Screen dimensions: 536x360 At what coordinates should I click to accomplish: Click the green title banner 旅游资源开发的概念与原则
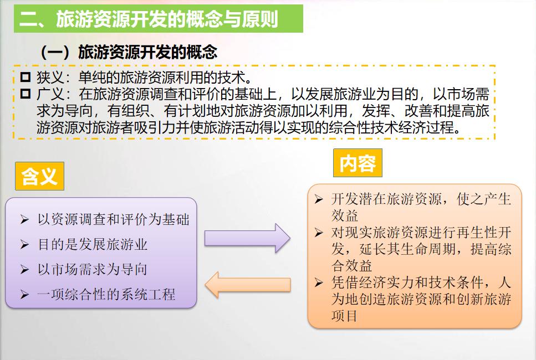[159, 19]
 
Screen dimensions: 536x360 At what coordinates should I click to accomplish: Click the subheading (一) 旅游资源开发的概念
[129, 52]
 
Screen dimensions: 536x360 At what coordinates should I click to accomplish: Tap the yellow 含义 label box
[40, 176]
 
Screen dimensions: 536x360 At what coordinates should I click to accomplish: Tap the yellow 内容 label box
[358, 163]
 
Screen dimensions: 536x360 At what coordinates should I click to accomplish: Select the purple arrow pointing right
[247, 238]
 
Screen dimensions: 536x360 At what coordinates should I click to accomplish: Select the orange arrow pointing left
[247, 285]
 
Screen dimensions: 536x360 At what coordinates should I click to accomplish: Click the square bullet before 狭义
[25, 77]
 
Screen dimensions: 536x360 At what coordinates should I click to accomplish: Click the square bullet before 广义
[25, 94]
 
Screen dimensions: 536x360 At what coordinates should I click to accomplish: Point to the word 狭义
[50, 78]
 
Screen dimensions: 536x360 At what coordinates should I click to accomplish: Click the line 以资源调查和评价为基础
[114, 219]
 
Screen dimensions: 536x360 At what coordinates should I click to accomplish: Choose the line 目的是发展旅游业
[93, 245]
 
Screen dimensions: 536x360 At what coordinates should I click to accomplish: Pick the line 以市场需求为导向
[93, 270]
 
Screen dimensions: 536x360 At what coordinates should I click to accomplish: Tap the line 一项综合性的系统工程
[106, 295]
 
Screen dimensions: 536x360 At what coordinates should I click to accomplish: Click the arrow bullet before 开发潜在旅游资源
[319, 199]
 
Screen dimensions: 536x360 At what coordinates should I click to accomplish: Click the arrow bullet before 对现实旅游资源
[319, 233]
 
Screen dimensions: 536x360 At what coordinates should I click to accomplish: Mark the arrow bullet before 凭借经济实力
[319, 283]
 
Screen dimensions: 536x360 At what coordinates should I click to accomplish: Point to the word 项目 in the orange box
[345, 316]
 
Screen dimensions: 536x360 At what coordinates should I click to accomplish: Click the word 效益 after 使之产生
[345, 215]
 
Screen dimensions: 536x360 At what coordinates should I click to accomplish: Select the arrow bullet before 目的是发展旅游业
[24, 245]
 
